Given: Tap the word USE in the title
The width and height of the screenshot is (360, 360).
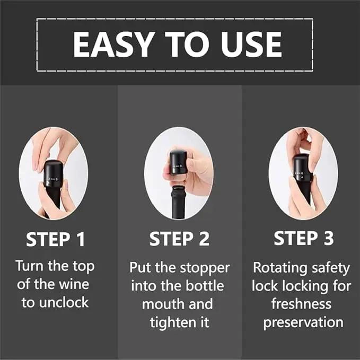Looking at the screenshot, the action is tap(251, 45).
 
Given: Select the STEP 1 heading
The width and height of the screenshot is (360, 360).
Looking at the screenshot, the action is tap(55, 239).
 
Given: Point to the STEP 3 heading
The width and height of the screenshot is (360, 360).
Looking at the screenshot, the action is tap(303, 238).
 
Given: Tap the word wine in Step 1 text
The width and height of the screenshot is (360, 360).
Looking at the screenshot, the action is tap(74, 284).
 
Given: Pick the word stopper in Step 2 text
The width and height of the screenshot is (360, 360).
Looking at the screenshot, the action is tap(205, 268).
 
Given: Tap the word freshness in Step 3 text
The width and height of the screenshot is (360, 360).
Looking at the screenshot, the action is tap(301, 304).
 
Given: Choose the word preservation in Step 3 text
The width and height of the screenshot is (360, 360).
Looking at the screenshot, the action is tap(303, 322).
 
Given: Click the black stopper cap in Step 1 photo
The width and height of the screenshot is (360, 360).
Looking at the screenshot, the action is tap(52, 173).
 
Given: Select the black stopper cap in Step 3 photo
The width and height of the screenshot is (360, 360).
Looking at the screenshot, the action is tap(302, 168).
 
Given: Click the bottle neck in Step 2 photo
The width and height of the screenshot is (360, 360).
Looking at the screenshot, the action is tap(180, 203).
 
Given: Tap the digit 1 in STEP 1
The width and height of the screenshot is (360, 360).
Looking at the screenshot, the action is tap(81, 239).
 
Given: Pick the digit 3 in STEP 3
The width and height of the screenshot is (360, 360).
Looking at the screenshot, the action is tap(328, 238).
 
